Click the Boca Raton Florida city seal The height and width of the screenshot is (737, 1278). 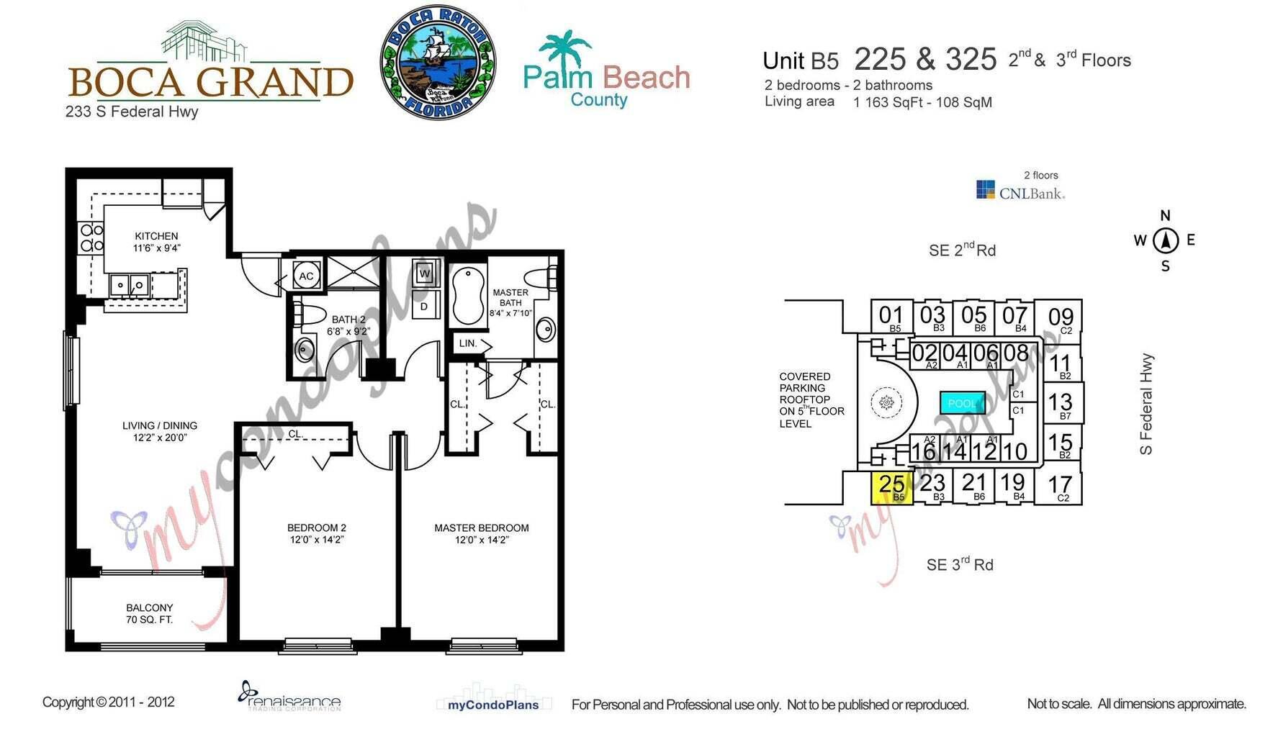[438, 62]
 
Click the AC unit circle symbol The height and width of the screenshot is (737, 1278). [306, 276]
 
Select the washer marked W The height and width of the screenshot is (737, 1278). [425, 273]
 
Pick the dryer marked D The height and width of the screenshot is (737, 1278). [424, 307]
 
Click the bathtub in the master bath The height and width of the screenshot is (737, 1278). [469, 296]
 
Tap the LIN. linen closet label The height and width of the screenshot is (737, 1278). [468, 343]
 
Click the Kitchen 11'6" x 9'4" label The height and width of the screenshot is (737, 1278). [156, 242]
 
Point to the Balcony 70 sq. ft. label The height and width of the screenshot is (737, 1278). [149, 613]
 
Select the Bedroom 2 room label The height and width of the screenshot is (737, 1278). [317, 533]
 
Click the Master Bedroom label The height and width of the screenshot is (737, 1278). [481, 533]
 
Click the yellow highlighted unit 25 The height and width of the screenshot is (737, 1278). [892, 487]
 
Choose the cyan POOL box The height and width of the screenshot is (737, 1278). [962, 403]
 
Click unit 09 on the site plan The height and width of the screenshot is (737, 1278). [1060, 319]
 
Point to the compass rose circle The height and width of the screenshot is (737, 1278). [1165, 240]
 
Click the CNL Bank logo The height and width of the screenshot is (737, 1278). [1020, 191]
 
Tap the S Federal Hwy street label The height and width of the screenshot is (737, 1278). [1146, 404]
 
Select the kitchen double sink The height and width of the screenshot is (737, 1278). [129, 286]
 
